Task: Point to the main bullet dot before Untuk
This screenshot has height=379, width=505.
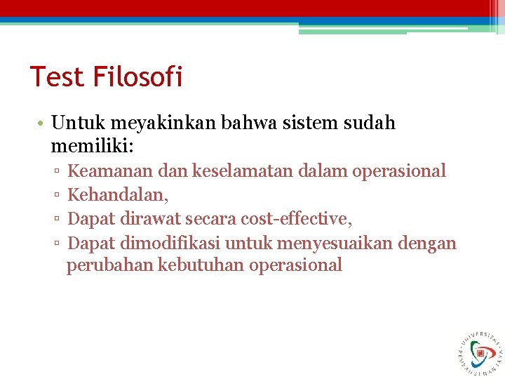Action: click(x=42, y=124)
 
